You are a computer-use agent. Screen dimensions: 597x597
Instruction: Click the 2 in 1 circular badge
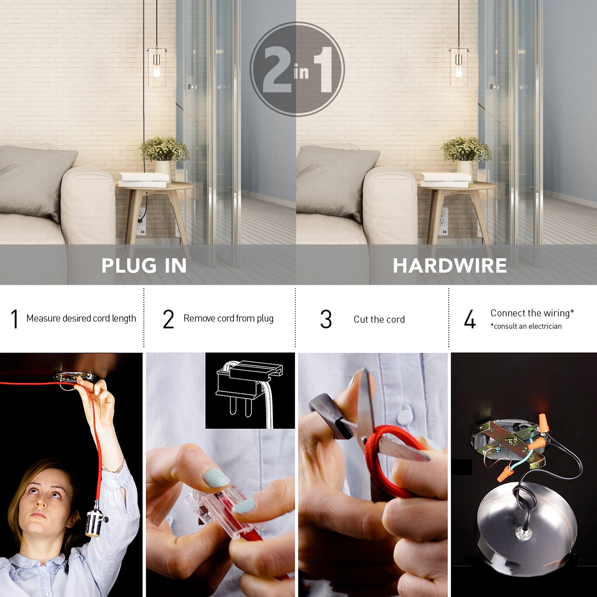pos(297,69)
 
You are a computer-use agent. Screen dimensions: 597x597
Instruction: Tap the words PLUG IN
pos(144,265)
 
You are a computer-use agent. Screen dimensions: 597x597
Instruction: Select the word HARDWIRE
pos(450,265)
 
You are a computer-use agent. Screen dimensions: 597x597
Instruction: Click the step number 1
pos(15,319)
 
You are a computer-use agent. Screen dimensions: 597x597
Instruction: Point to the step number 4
pos(470,319)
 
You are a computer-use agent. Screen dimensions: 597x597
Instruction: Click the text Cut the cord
pos(379,320)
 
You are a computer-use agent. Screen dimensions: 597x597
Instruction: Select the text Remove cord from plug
pos(228,318)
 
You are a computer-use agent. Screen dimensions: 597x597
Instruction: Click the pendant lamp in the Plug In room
pos(156,66)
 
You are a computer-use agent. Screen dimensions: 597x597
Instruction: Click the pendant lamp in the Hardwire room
pos(459,66)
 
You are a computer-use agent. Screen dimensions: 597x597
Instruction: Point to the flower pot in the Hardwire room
pos(464,167)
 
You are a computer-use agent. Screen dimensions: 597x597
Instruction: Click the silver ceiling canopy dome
pos(525,521)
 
